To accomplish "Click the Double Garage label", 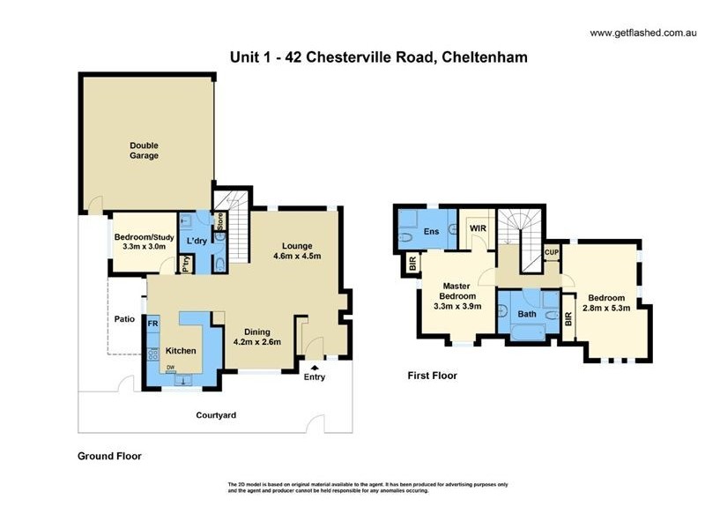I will click(144, 151).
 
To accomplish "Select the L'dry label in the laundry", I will click(195, 241).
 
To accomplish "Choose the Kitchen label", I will click(182, 350).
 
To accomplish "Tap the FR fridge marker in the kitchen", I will click(152, 324).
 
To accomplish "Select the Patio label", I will click(123, 319).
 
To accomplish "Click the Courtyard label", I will click(216, 414).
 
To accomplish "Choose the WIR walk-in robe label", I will click(478, 228).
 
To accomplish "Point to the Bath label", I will click(526, 313).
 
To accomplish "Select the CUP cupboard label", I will click(552, 251).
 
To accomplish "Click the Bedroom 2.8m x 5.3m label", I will click(606, 303).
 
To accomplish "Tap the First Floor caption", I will click(432, 375).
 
